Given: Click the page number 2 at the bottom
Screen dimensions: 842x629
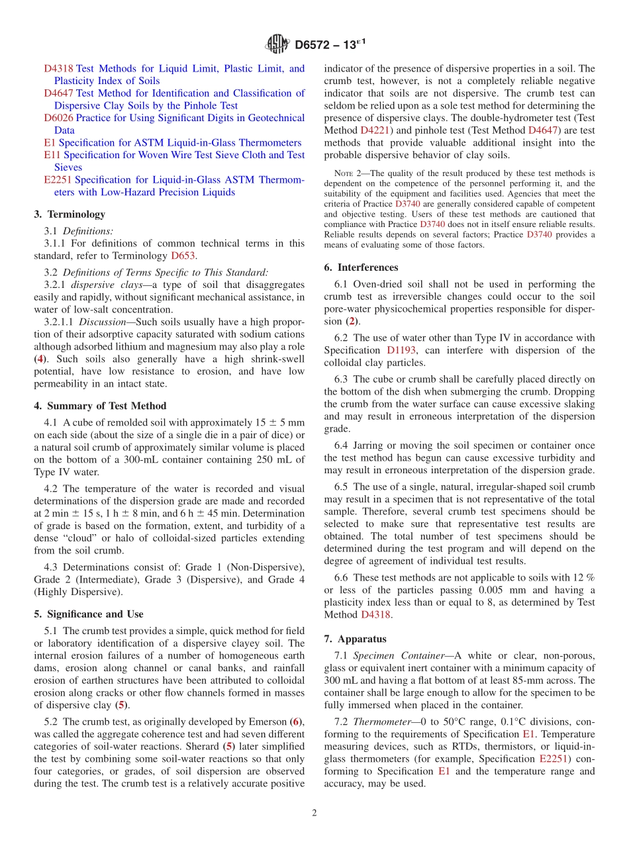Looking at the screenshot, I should pos(314,814).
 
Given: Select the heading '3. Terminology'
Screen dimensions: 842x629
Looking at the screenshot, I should pos(70,214).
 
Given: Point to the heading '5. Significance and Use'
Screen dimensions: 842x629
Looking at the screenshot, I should pos(88,614).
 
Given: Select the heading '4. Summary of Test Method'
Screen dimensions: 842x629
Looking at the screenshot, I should pos(100,406).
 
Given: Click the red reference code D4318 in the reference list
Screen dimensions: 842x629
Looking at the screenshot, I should pos(58,68).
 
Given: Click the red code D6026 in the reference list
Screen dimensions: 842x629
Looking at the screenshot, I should pos(58,118).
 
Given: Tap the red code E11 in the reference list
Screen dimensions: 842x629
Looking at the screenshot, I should pos(52,155).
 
